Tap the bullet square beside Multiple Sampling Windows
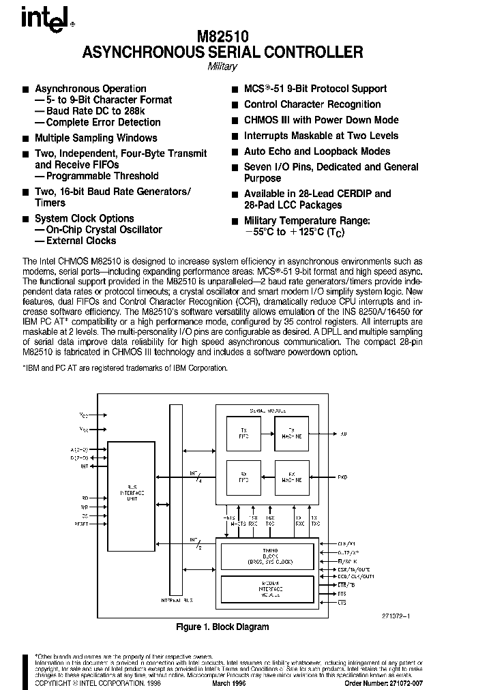[26, 138]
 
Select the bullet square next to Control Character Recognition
[235, 105]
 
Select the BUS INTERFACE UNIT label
[131, 494]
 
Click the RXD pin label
[342, 477]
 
